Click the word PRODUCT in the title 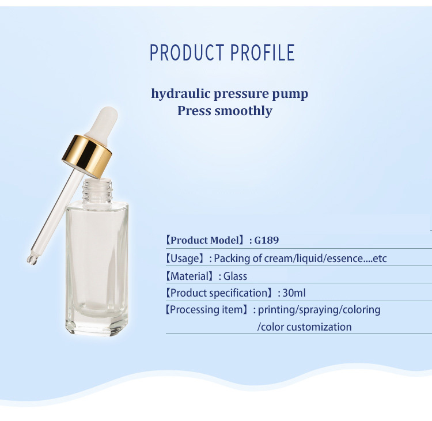pyautogui.click(x=187, y=52)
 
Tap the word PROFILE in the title pyautogui.click(x=263, y=52)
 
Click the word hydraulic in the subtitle pyautogui.click(x=180, y=94)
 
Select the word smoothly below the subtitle pyautogui.click(x=243, y=111)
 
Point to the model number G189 pyautogui.click(x=267, y=240)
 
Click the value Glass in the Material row pyautogui.click(x=235, y=276)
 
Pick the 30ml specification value pyautogui.click(x=294, y=293)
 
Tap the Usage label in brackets pyautogui.click(x=185, y=259)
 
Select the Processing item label pyautogui.click(x=207, y=310)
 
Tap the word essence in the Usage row pyautogui.click(x=343, y=259)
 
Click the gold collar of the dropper pyautogui.click(x=87, y=156)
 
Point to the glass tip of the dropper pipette pyautogui.click(x=32, y=259)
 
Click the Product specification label pyautogui.click(x=220, y=293)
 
